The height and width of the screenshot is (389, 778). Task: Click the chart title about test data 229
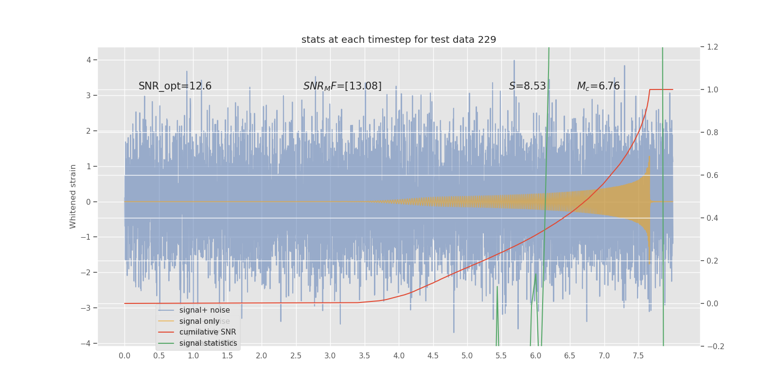(399, 40)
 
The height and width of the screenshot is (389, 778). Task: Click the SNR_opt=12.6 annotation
(175, 87)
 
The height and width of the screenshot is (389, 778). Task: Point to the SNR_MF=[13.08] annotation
(342, 87)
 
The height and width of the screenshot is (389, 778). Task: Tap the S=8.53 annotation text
(528, 87)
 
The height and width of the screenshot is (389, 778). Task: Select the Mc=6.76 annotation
(598, 87)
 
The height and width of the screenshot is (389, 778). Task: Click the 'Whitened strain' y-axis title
(73, 196)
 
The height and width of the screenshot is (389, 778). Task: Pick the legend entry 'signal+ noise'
(204, 310)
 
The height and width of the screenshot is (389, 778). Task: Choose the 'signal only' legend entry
(199, 321)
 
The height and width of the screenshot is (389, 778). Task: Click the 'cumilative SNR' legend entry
(208, 332)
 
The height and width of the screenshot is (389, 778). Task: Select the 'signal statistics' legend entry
(208, 343)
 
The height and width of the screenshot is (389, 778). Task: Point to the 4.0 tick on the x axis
(399, 356)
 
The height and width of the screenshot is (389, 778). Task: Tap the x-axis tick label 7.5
(638, 356)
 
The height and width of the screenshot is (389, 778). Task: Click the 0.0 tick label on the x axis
(124, 356)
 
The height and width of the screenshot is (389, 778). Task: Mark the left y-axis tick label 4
(88, 60)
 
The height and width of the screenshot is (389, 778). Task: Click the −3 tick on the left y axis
(87, 308)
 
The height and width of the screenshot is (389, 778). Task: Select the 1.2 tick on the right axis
(712, 47)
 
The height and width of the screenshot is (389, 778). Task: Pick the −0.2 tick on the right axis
(713, 347)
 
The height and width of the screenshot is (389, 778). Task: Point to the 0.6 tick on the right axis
(712, 176)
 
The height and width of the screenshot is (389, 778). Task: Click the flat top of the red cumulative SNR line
(661, 89)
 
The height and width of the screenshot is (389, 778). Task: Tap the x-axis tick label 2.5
(296, 356)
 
